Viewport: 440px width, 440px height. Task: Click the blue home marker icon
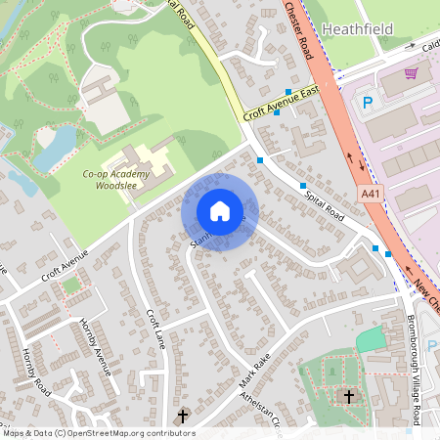220,211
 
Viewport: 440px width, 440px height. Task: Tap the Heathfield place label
356,29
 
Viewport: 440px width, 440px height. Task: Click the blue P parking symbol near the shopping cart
369,102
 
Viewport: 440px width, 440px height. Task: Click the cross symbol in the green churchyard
348,396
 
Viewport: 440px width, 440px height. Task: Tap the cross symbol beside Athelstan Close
182,417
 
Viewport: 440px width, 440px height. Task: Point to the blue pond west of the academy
54,145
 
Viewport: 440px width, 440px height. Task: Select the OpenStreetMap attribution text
98,432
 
